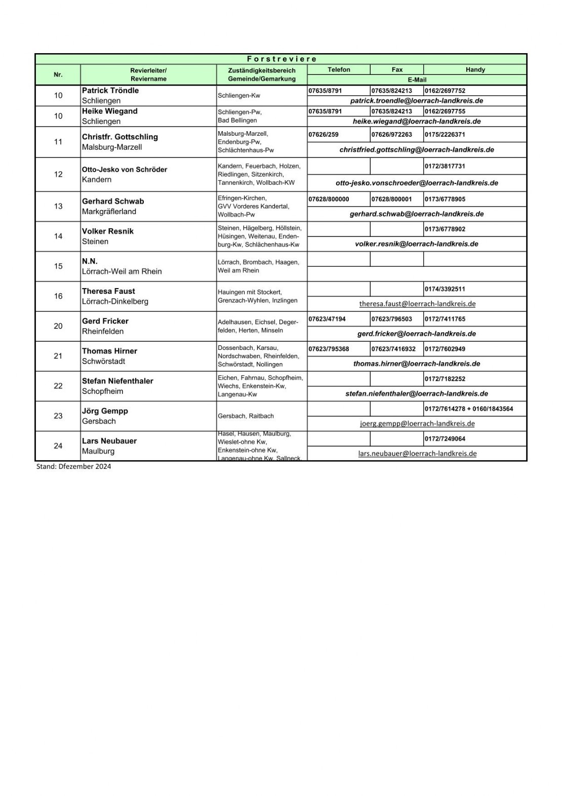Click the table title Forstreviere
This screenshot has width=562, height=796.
pyautogui.click(x=282, y=59)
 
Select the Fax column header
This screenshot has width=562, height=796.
pyautogui.click(x=397, y=70)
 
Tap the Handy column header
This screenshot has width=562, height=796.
pyautogui.click(x=475, y=70)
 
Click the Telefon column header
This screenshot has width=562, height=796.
pyautogui.click(x=339, y=70)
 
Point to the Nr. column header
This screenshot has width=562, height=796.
pyautogui.click(x=58, y=74)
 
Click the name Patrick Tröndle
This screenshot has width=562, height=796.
pyautogui.click(x=110, y=91)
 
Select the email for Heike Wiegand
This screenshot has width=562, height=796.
pyautogui.click(x=417, y=122)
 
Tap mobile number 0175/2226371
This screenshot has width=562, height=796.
pyautogui.click(x=445, y=135)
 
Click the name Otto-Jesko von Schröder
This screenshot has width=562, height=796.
pyautogui.click(x=125, y=170)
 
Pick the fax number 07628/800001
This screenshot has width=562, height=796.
pyautogui.click(x=391, y=200)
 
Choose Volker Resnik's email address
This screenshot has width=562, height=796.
pyautogui.click(x=417, y=244)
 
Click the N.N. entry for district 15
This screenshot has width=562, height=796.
pyautogui.click(x=90, y=261)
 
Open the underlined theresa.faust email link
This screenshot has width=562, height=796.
pyautogui.click(x=417, y=304)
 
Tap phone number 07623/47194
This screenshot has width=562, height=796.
pyautogui.click(x=327, y=319)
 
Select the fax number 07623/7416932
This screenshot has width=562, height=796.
pyautogui.click(x=393, y=349)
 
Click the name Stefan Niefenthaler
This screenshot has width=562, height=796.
pyautogui.click(x=117, y=381)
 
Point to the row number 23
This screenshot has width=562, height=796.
pyautogui.click(x=58, y=416)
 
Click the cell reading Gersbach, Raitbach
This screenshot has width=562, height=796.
pyautogui.click(x=246, y=416)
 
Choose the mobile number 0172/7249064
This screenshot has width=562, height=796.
pyautogui.click(x=445, y=439)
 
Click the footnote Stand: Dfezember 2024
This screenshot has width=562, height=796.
pyautogui.click(x=73, y=466)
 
